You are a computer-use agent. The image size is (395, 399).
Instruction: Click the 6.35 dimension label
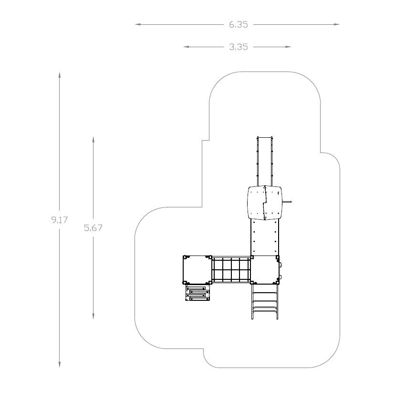[x=238, y=25]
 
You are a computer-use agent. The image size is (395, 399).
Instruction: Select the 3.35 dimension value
[x=239, y=47]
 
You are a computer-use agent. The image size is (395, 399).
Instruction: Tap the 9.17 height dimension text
[x=60, y=220]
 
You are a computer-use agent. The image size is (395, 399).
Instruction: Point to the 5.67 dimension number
[x=93, y=228]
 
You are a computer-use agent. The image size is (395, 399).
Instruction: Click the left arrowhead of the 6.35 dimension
[x=138, y=24]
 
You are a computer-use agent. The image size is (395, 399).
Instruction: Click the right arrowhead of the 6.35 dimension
[x=336, y=24]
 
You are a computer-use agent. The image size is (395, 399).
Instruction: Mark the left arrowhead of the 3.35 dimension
[x=187, y=47]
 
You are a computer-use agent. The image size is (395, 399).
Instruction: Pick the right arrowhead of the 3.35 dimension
[x=288, y=47]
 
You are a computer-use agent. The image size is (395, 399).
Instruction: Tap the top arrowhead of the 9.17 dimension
[x=60, y=75]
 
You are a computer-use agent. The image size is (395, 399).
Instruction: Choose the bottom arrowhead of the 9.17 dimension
[x=60, y=365]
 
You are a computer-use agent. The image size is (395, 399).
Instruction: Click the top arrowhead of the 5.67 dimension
[x=93, y=140]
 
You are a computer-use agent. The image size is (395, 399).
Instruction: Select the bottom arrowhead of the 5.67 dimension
[x=93, y=316]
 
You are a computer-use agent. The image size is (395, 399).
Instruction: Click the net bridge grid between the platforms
[x=231, y=269]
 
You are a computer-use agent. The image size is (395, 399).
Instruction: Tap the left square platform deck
[x=197, y=270]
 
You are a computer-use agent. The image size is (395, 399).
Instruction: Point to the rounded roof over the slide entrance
[x=265, y=203]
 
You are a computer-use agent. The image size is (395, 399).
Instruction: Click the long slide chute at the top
[x=265, y=161]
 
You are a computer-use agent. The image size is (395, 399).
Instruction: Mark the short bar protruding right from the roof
[x=287, y=202]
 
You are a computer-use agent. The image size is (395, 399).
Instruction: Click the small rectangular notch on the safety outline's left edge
[x=206, y=140]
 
